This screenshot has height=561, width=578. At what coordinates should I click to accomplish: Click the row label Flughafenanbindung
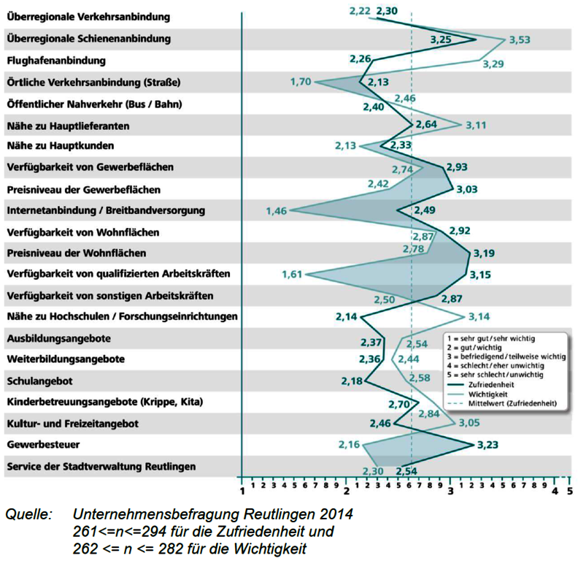click(56, 61)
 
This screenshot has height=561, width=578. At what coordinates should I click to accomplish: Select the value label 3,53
click(520, 39)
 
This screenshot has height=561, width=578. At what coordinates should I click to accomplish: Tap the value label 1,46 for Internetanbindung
click(277, 211)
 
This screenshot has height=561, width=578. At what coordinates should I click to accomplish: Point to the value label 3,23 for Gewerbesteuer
click(488, 445)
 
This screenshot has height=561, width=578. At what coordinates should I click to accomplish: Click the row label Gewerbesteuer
click(43, 444)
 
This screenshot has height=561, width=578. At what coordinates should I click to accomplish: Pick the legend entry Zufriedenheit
click(491, 384)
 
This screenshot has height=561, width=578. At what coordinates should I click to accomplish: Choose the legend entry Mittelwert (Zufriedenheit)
click(512, 403)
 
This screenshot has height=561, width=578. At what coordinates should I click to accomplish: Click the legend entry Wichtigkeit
click(488, 394)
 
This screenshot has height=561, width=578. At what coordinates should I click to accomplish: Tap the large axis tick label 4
click(555, 492)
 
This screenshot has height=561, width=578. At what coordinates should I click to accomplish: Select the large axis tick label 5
click(570, 492)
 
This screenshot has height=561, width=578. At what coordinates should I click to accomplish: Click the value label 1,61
click(292, 275)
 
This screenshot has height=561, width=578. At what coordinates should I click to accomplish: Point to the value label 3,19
click(484, 253)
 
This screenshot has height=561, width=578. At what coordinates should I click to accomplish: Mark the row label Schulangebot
click(39, 381)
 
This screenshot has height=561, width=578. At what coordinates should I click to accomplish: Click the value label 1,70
click(301, 82)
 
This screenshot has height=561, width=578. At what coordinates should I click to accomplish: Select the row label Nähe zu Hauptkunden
click(61, 146)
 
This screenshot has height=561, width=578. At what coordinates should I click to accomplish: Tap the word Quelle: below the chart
click(28, 514)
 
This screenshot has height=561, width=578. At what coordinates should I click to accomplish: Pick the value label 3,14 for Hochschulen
click(479, 317)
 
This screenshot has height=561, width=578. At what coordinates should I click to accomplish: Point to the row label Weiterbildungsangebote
click(66, 359)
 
